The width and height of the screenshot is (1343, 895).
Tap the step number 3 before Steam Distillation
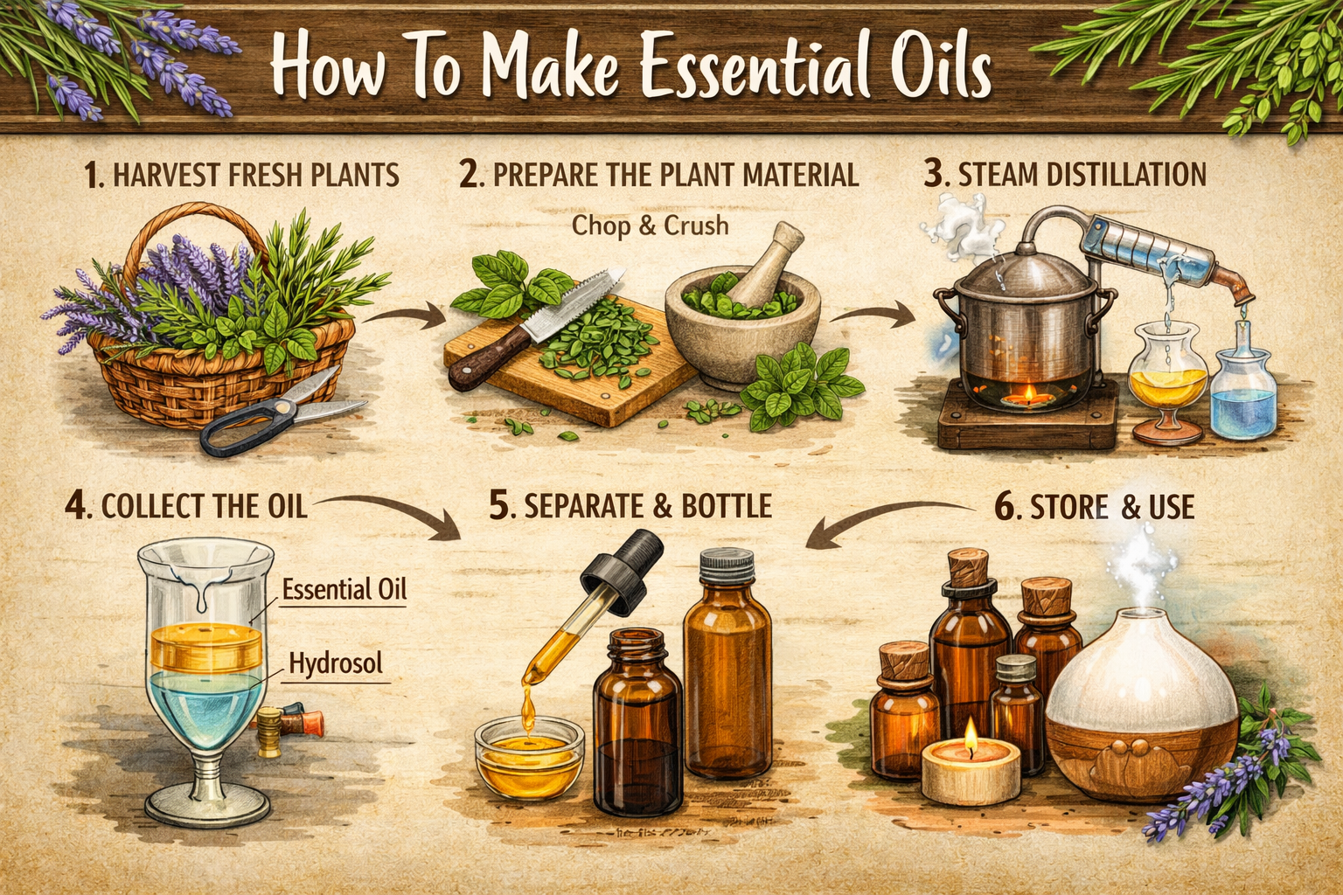tap(935, 174)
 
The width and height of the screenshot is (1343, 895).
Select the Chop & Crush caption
tap(650, 225)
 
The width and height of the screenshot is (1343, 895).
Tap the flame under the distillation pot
tap(1028, 395)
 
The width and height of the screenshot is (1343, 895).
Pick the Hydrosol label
tap(336, 663)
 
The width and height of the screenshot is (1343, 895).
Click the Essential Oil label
tap(344, 589)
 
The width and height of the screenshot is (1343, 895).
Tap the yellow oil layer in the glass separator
tap(205, 648)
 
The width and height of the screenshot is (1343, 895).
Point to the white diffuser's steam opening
tap(1143, 613)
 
